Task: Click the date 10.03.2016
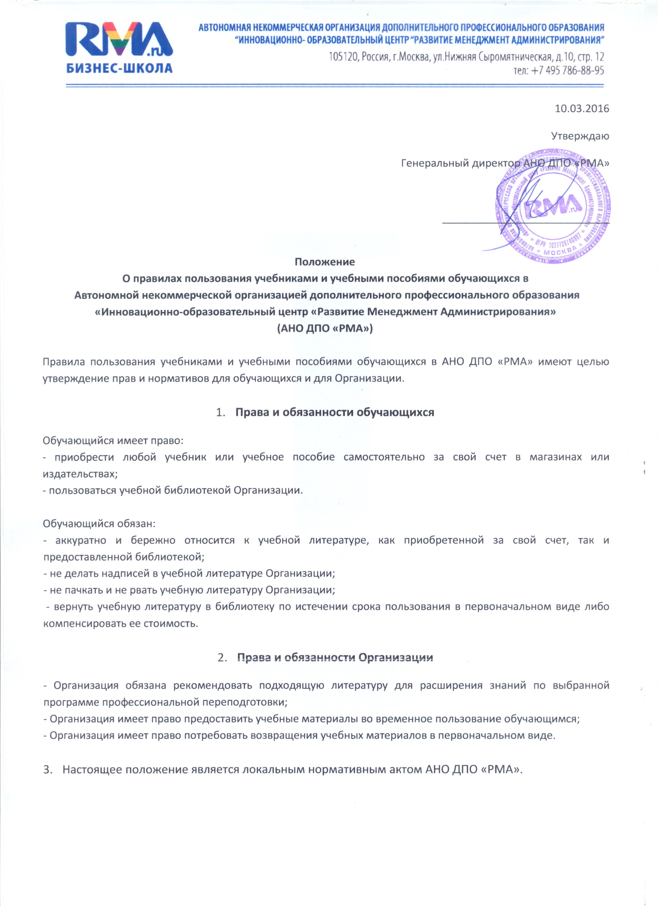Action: (x=582, y=108)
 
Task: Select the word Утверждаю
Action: (x=580, y=136)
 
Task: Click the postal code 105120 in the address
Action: (x=343, y=57)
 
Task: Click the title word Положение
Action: (x=325, y=262)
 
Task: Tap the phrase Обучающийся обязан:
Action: (x=99, y=524)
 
